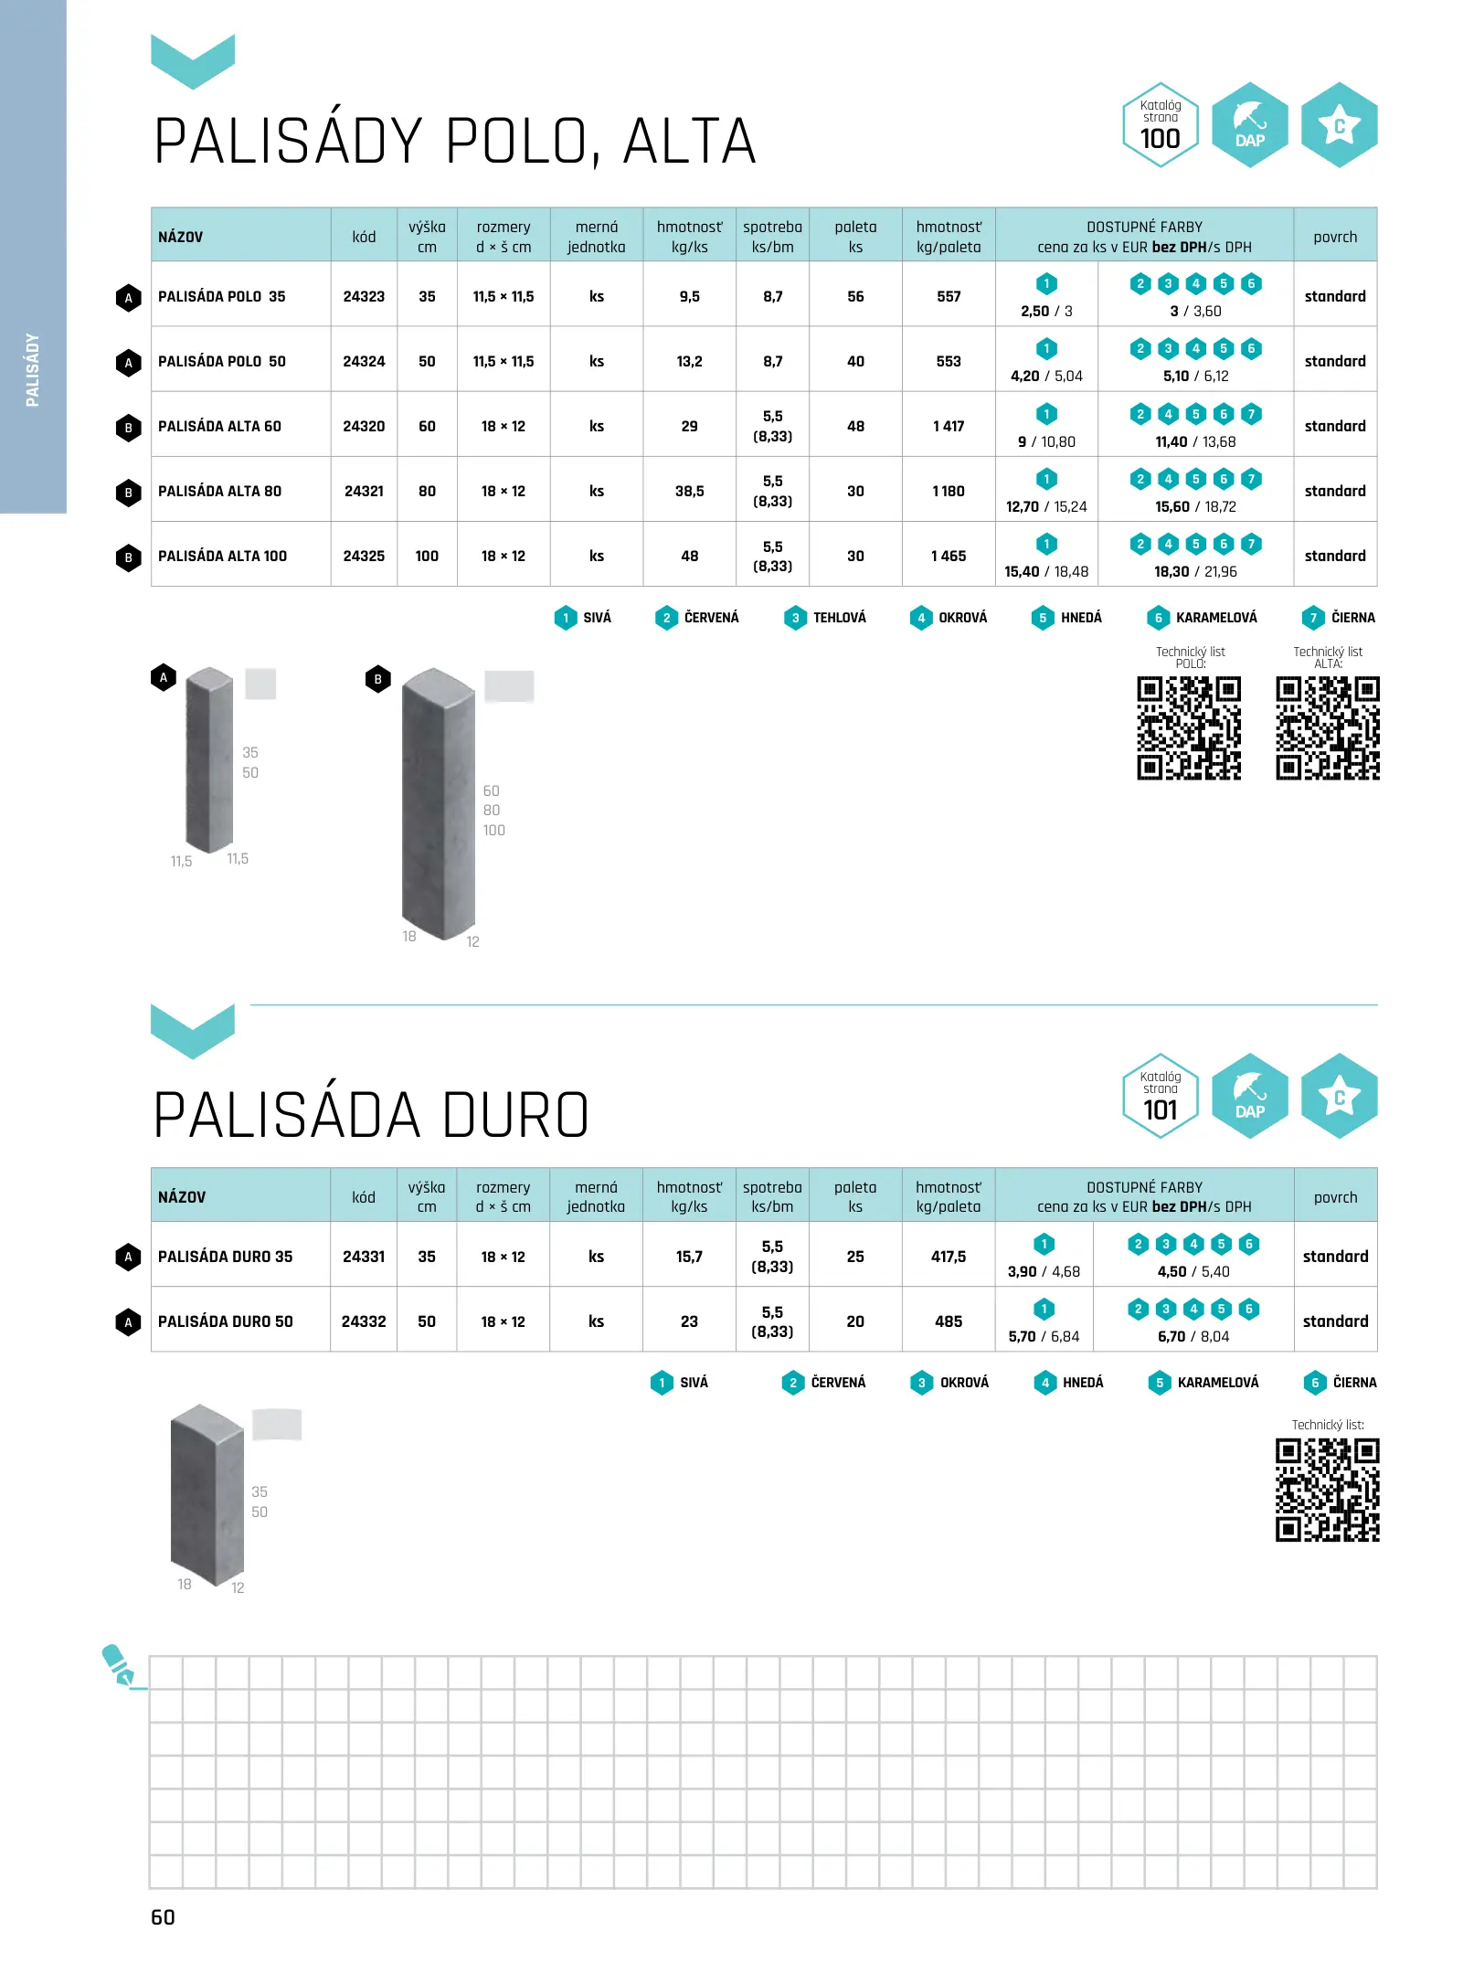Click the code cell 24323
click(364, 296)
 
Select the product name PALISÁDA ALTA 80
click(219, 491)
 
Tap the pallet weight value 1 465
click(949, 556)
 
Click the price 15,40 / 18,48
click(1046, 571)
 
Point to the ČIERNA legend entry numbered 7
click(1339, 618)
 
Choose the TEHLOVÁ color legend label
click(839, 618)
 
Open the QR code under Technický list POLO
click(1189, 728)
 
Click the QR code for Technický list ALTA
click(1328, 728)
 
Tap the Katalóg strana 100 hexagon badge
click(1161, 125)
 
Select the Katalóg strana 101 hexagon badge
click(1161, 1096)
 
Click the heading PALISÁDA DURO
click(371, 1116)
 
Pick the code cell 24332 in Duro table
click(364, 1321)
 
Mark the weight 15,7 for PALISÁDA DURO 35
click(689, 1257)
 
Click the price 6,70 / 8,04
click(1193, 1336)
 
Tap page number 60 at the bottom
click(163, 1917)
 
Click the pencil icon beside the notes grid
click(119, 1665)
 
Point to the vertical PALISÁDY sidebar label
click(33, 370)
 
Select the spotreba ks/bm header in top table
click(772, 237)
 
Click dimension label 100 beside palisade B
click(494, 830)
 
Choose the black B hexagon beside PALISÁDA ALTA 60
click(129, 427)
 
